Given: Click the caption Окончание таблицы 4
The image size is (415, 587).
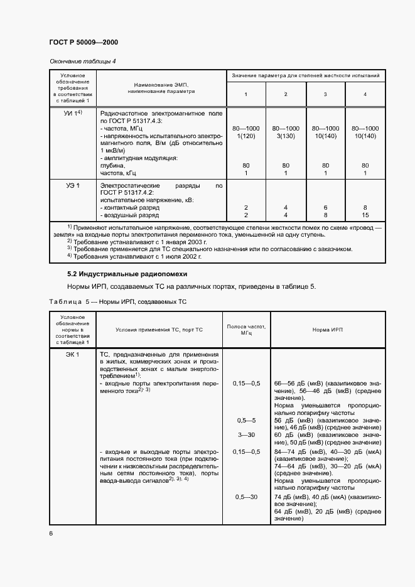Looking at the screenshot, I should pyautogui.click(x=83, y=61).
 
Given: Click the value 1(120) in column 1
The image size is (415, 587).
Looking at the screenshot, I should pyautogui.click(x=245, y=136).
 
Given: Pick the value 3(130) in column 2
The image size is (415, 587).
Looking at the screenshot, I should pyautogui.click(x=286, y=136).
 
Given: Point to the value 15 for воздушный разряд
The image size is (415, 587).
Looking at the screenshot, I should pyautogui.click(x=365, y=215).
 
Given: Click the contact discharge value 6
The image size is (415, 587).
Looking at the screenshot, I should pyautogui.click(x=325, y=207).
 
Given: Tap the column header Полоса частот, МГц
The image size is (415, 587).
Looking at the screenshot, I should pyautogui.click(x=245, y=330).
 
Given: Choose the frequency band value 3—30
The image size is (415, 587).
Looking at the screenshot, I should pyautogui.click(x=245, y=434).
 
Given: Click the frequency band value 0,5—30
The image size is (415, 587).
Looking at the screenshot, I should pyautogui.click(x=245, y=497).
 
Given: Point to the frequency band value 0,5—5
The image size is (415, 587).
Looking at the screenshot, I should pyautogui.click(x=245, y=420).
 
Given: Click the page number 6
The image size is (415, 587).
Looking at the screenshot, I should pyautogui.click(x=51, y=533).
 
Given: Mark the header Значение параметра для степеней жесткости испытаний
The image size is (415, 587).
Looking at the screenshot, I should pyautogui.click(x=305, y=76).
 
